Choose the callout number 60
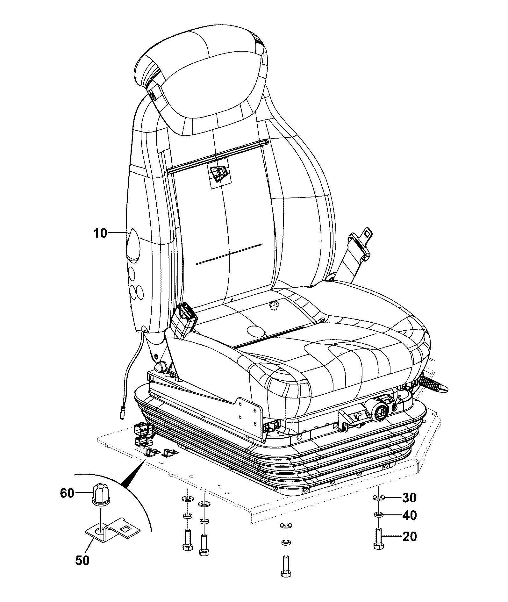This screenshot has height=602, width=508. tap(67, 493)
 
